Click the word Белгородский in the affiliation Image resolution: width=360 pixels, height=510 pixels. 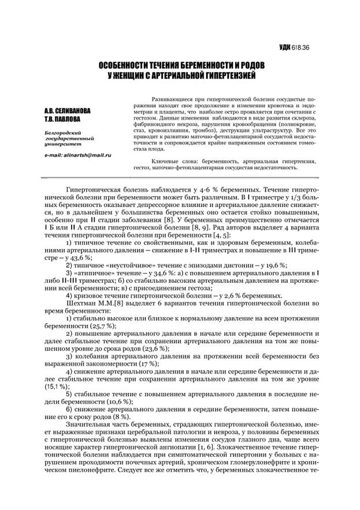[60, 132]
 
